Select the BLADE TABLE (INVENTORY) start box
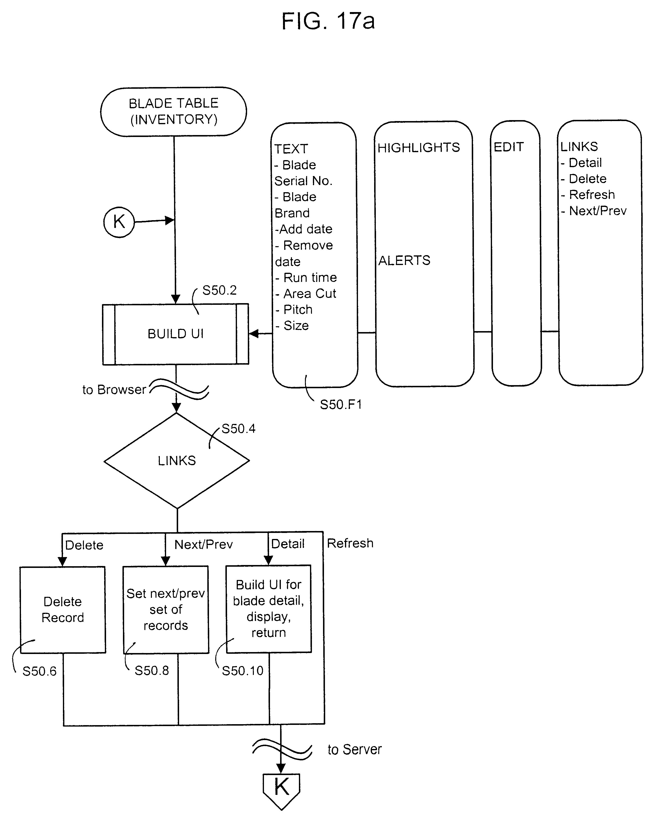pyautogui.click(x=173, y=111)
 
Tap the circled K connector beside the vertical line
pyautogui.click(x=119, y=222)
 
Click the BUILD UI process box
pyautogui.click(x=175, y=334)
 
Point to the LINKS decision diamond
pyautogui.click(x=176, y=461)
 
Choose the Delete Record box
pyautogui.click(x=63, y=610)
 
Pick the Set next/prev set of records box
pyautogui.click(x=166, y=610)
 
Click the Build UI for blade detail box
pyautogui.click(x=269, y=608)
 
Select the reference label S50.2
pyautogui.click(x=219, y=291)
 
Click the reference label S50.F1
pyautogui.click(x=340, y=404)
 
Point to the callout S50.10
pyautogui.click(x=243, y=670)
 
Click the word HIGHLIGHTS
pyautogui.click(x=419, y=148)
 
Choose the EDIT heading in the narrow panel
pyautogui.click(x=508, y=147)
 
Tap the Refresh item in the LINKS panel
pyautogui.click(x=592, y=195)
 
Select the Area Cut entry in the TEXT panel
pyautogui.click(x=310, y=293)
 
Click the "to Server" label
pyautogui.click(x=355, y=749)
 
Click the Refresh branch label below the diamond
pyautogui.click(x=350, y=543)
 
